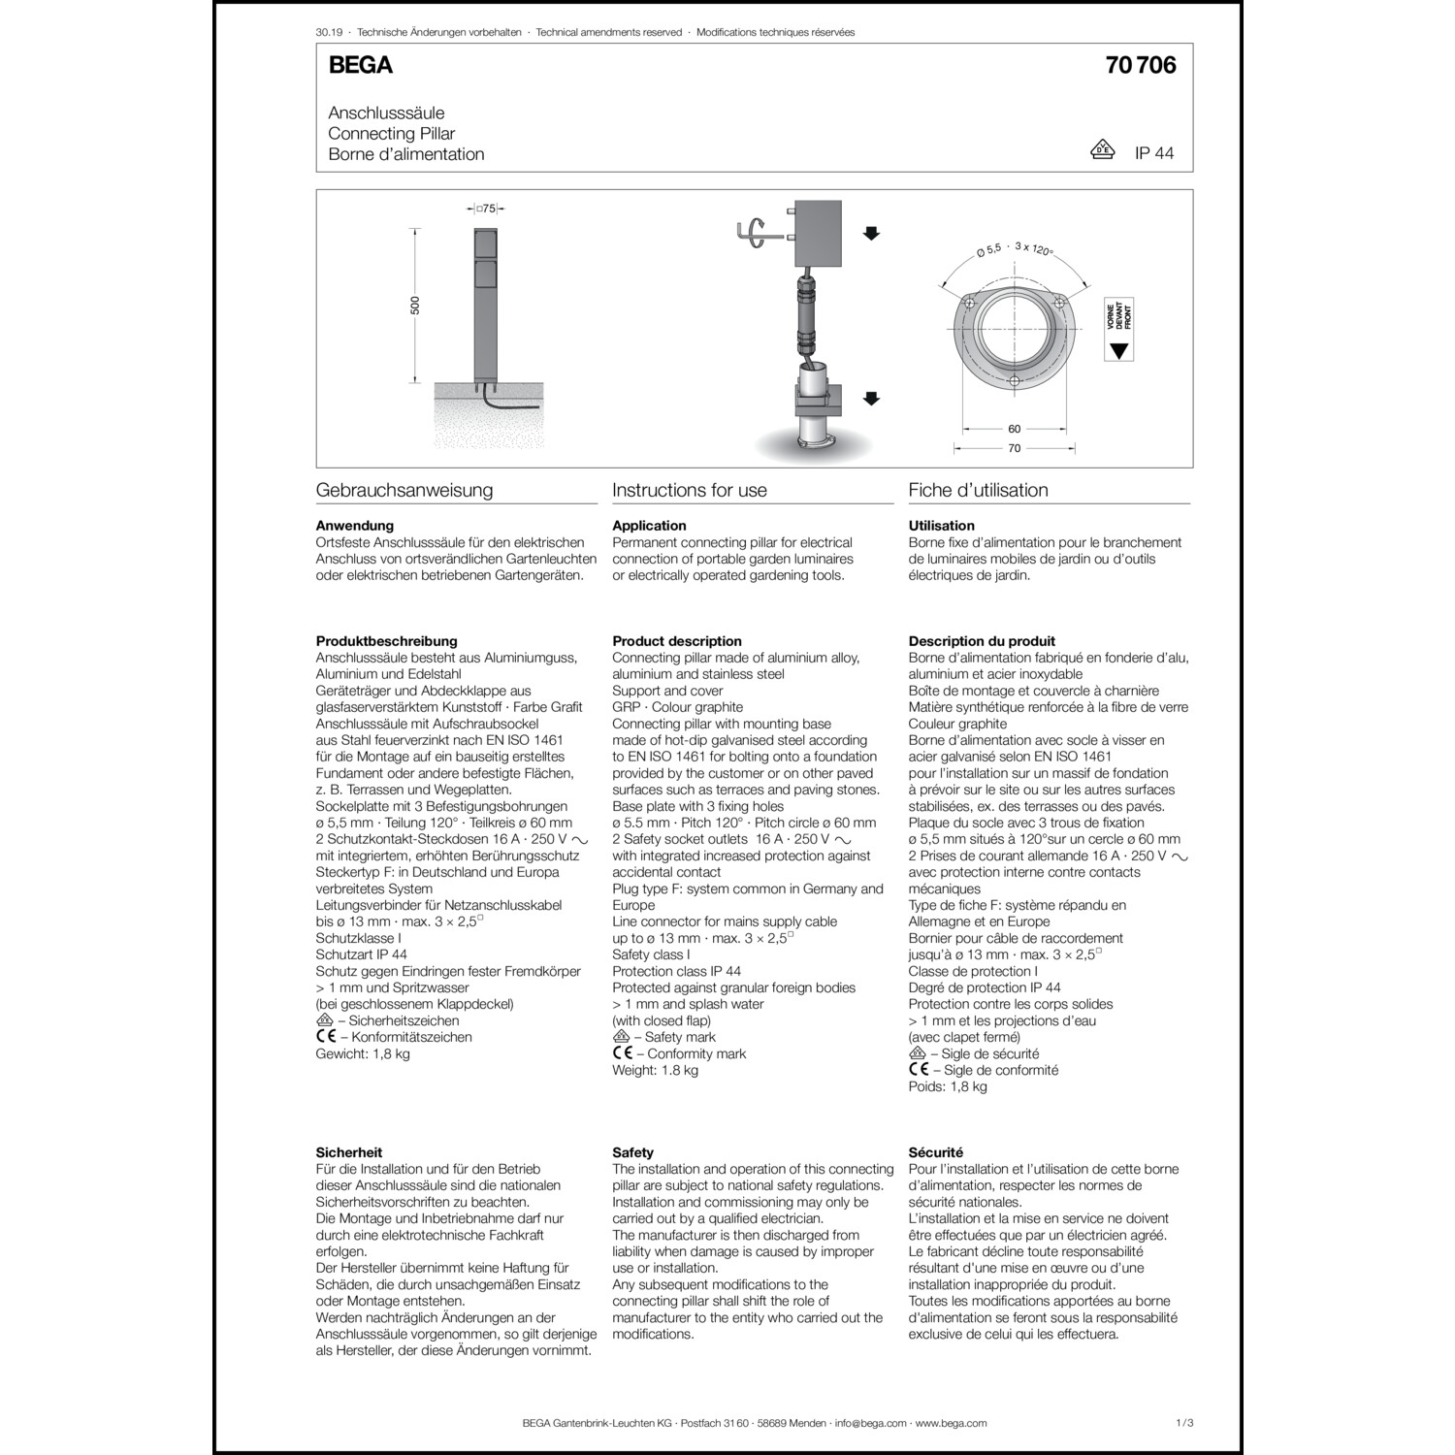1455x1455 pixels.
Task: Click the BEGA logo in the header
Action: [x=361, y=65]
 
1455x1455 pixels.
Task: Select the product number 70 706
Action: [x=1141, y=65]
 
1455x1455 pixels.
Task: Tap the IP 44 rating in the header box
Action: [x=1154, y=153]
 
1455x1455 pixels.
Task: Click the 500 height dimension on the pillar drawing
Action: [x=416, y=306]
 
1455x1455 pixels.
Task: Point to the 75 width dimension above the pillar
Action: [x=489, y=209]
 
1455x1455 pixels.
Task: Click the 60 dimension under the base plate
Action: [x=1014, y=429]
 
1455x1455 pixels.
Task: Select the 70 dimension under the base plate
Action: [x=1014, y=449]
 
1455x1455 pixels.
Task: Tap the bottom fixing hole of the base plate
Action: [x=1014, y=381]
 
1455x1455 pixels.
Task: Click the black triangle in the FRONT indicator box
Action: [x=1119, y=351]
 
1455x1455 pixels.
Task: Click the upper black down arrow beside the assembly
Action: [x=871, y=233]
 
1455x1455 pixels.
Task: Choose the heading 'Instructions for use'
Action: [x=690, y=491]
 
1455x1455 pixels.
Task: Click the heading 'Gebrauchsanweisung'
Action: [x=404, y=491]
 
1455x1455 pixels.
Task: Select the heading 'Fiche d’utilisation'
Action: [x=978, y=491]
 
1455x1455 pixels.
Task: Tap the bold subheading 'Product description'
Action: [x=677, y=641]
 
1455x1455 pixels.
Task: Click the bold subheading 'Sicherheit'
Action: [x=349, y=1152]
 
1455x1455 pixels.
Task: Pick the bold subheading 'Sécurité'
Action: [x=936, y=1152]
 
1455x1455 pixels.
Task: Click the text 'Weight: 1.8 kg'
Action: [x=655, y=1070]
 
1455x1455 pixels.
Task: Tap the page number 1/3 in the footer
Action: [x=1183, y=1423]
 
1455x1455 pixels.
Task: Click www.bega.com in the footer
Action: [x=951, y=1423]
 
